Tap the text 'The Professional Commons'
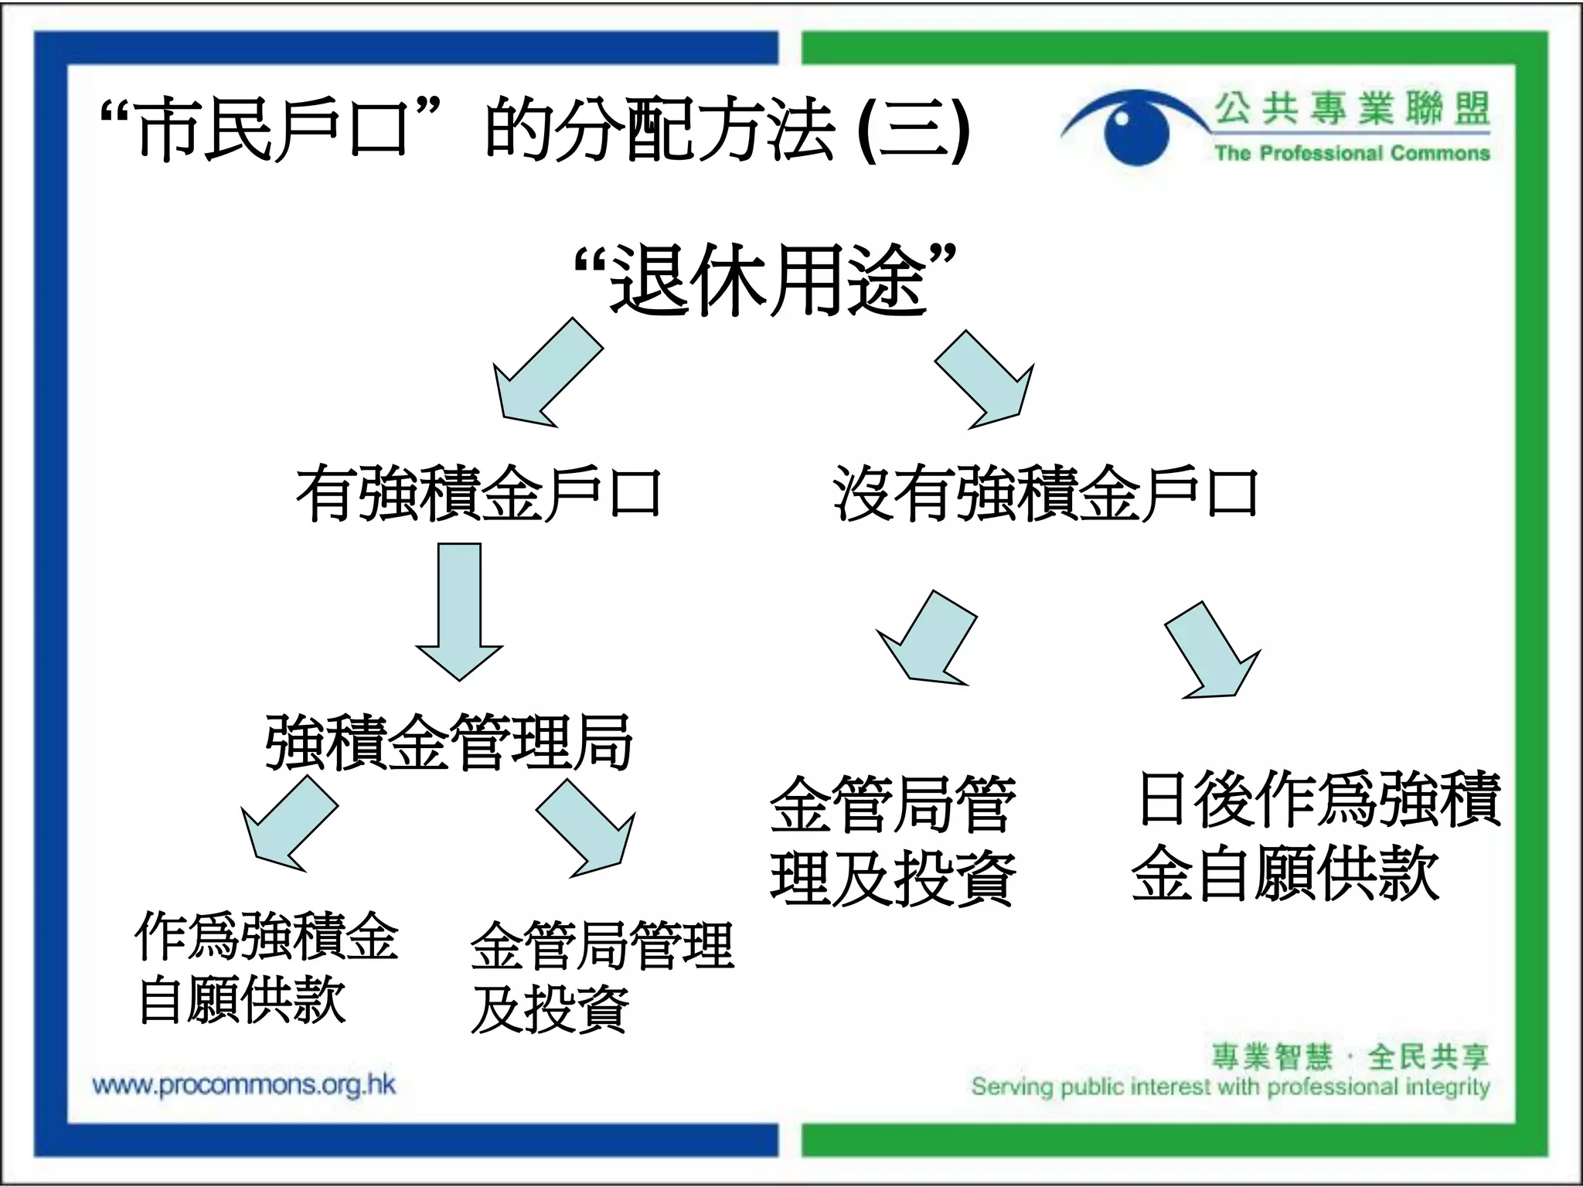pyautogui.click(x=1351, y=153)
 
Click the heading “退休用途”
pyautogui.click(x=765, y=280)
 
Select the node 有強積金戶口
pyautogui.click(x=478, y=494)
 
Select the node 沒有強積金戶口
pyautogui.click(x=1045, y=494)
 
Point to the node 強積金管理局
pyautogui.click(x=448, y=743)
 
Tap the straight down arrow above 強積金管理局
pyautogui.click(x=459, y=611)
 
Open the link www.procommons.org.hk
pyautogui.click(x=244, y=1085)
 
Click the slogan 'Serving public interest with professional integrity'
pyautogui.click(x=1230, y=1087)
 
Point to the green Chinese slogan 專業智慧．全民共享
pyautogui.click(x=1349, y=1056)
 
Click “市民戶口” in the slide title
pyautogui.click(x=271, y=128)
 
